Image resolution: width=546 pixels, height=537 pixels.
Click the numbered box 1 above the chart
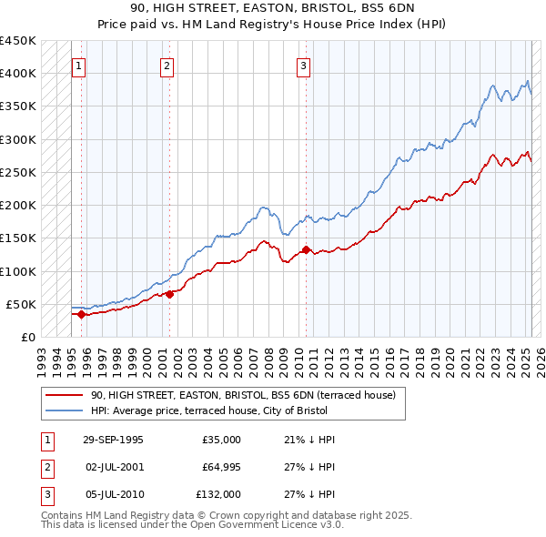click(79, 66)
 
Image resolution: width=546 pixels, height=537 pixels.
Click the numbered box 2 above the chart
click(167, 66)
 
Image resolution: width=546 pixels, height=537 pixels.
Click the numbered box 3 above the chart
click(303, 66)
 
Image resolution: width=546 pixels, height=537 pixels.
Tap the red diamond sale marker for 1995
click(81, 314)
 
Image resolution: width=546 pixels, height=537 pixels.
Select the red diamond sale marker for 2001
click(169, 294)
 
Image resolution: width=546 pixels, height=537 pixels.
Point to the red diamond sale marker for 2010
click(306, 249)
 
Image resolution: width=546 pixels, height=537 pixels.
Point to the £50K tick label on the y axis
click(22, 304)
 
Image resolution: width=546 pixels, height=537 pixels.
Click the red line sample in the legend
click(64, 396)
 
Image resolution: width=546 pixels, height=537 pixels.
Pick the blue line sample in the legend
click(64, 411)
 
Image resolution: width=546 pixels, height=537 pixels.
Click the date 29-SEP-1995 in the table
click(113, 440)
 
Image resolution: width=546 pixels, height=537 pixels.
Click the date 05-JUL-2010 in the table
click(113, 494)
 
